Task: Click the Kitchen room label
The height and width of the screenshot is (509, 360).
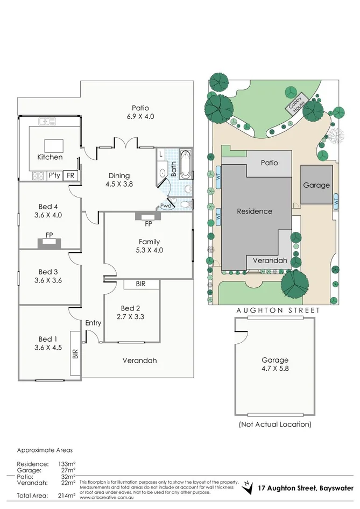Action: click(50, 157)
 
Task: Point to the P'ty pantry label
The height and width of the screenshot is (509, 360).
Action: click(54, 175)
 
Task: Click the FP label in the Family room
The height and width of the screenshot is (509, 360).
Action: click(149, 223)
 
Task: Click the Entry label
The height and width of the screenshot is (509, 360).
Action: click(93, 323)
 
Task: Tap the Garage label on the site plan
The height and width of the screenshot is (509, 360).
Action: click(316, 185)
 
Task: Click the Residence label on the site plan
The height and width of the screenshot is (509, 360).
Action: click(255, 211)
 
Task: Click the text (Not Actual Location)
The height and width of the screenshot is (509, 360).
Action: click(275, 424)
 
